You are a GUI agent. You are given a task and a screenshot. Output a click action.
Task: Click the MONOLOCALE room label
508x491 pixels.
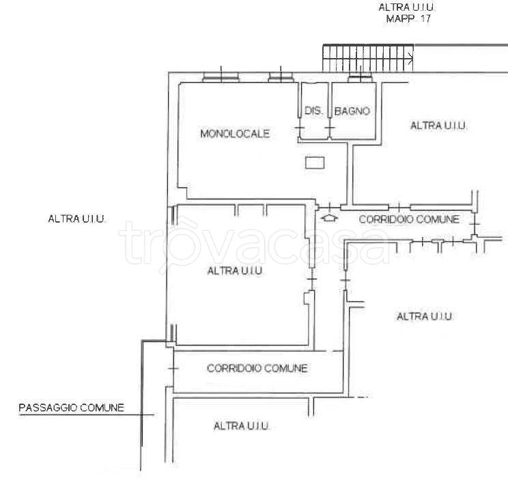coord(235,134)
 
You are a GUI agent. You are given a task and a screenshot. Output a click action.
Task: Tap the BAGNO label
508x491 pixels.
coord(352,111)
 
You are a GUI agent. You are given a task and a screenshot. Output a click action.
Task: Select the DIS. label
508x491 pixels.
coord(313,111)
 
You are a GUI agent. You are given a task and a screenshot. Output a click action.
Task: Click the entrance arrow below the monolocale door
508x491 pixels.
coord(330,218)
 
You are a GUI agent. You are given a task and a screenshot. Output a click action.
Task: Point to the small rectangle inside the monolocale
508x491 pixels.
coord(315,163)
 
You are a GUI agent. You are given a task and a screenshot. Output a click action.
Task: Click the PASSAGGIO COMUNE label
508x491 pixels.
coord(71,408)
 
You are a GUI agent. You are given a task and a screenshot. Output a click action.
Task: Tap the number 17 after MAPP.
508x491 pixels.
coord(425,18)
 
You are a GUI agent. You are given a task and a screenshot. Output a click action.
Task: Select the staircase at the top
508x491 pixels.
coord(368,58)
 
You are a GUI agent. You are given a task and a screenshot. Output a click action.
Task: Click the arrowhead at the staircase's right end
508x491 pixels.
coord(411,59)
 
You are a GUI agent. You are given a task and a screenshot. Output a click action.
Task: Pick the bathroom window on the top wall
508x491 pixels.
coord(360,79)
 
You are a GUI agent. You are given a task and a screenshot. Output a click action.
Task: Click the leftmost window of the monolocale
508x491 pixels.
coord(221,77)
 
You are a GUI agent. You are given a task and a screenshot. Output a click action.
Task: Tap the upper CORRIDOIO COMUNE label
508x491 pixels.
coord(409,219)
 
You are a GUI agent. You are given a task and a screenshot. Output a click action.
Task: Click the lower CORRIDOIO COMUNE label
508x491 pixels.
coord(257,368)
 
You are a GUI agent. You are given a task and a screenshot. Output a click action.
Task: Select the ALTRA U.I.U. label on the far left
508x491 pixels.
coord(76,219)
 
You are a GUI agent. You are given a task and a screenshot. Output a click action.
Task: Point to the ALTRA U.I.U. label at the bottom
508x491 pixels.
coord(241,425)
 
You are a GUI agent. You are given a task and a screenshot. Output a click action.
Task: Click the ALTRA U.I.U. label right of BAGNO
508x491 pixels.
coord(438,126)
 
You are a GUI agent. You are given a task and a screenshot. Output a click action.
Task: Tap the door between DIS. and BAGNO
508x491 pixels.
coord(330,128)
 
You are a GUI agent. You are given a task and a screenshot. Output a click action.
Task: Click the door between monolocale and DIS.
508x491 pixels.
coord(299,128)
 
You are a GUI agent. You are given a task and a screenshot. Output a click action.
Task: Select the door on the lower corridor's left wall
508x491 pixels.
coord(173,368)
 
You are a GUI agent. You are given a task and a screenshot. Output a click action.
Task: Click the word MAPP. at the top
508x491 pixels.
coord(400,18)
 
